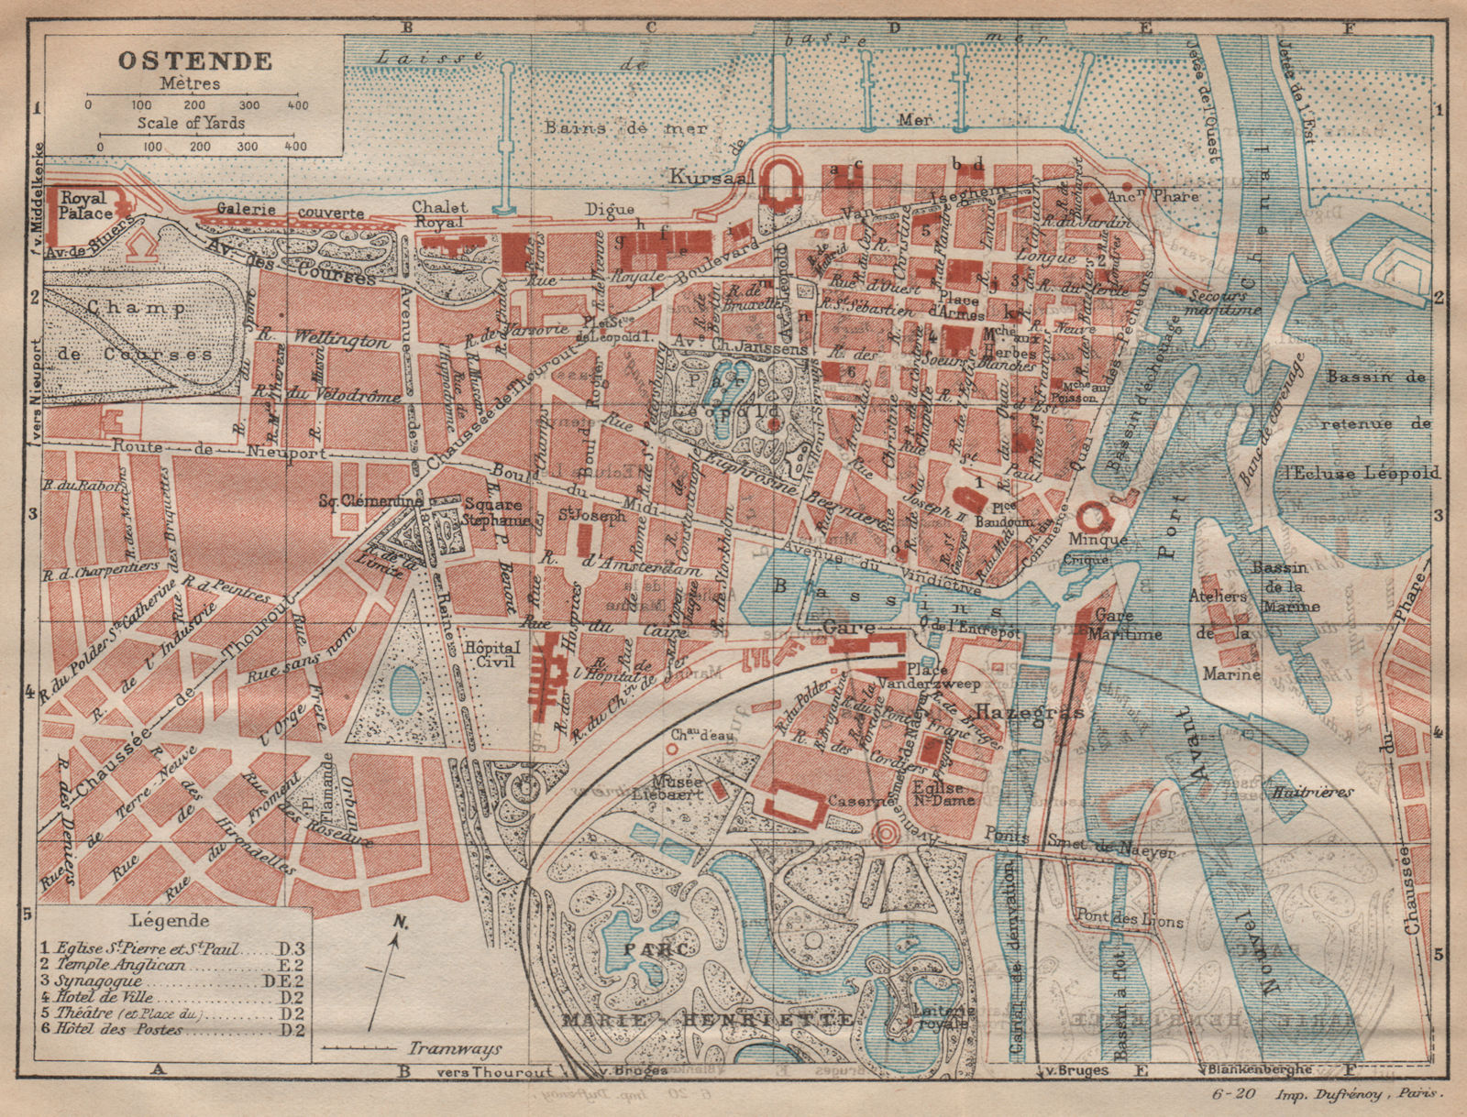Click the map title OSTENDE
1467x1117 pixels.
point(193,61)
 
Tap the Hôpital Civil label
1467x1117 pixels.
point(490,652)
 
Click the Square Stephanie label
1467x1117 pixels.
point(492,511)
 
